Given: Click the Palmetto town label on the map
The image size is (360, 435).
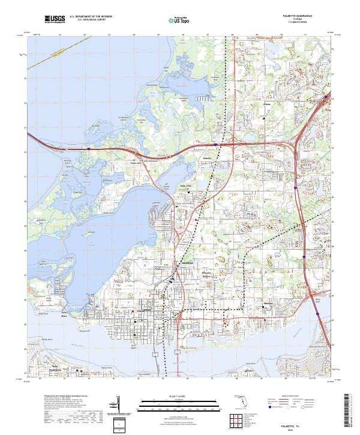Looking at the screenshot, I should [144, 313].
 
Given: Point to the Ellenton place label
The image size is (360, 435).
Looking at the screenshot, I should [268, 303].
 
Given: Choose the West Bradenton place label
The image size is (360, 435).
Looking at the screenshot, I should [58, 368].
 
